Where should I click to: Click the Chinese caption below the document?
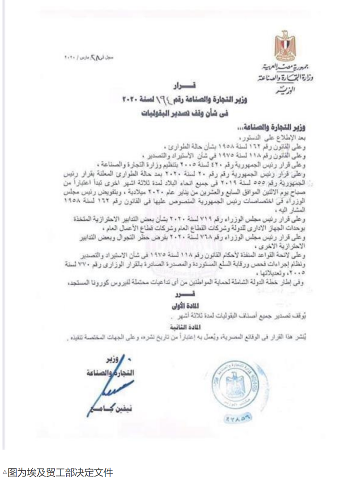click(x=60, y=472)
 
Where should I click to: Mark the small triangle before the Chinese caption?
click(x=5, y=473)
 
